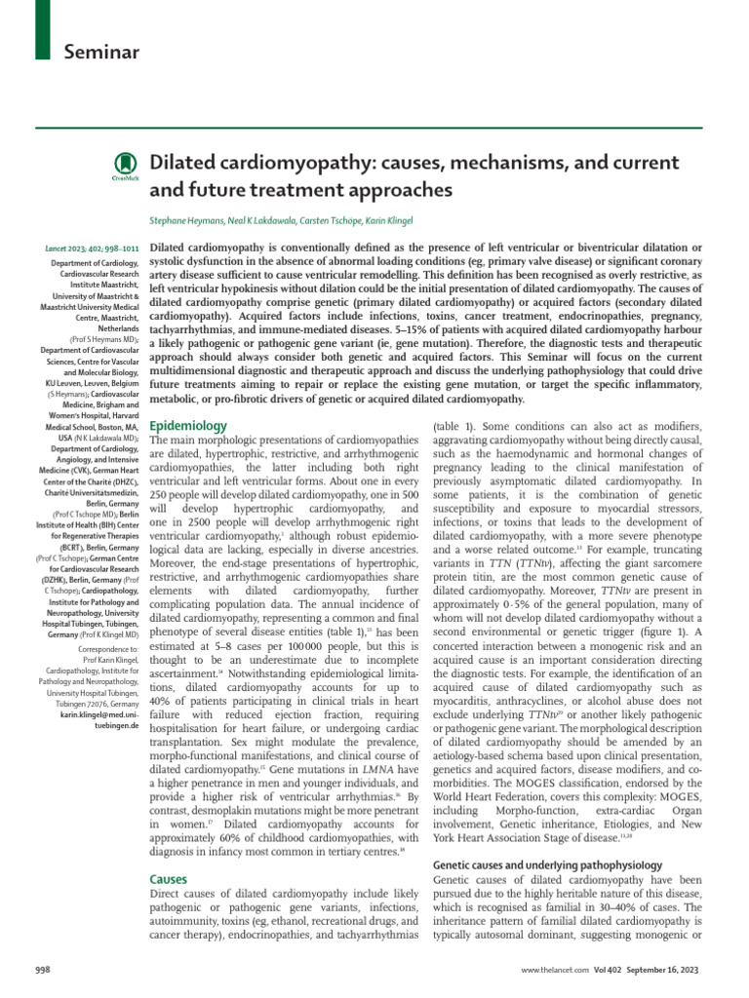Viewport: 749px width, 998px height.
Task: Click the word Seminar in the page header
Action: coord(101,50)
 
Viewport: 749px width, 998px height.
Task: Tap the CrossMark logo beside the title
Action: coord(126,166)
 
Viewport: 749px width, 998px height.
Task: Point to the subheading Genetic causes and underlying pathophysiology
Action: coord(547,864)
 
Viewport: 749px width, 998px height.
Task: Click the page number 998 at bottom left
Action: coord(43,973)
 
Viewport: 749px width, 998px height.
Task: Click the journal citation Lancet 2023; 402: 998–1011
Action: coord(95,251)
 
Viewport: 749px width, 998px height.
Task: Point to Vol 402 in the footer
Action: coord(606,973)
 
